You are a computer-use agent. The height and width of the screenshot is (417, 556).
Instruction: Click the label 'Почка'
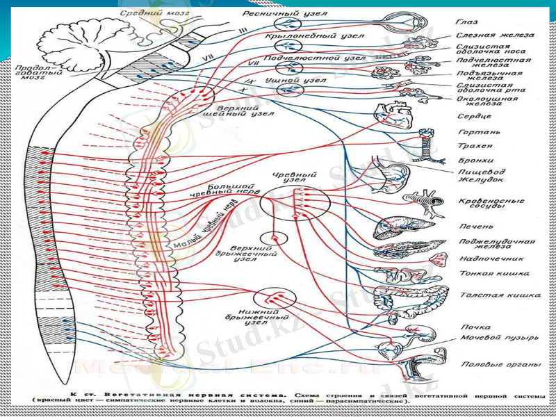pyautogui.click(x=475, y=327)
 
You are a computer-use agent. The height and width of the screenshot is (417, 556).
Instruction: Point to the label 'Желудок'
pyautogui.click(x=480, y=179)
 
